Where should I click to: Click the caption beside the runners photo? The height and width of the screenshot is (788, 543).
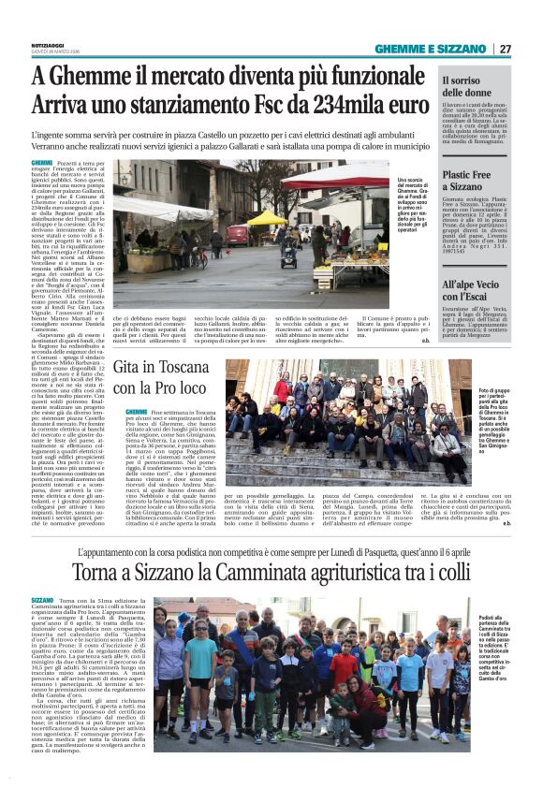496,656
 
